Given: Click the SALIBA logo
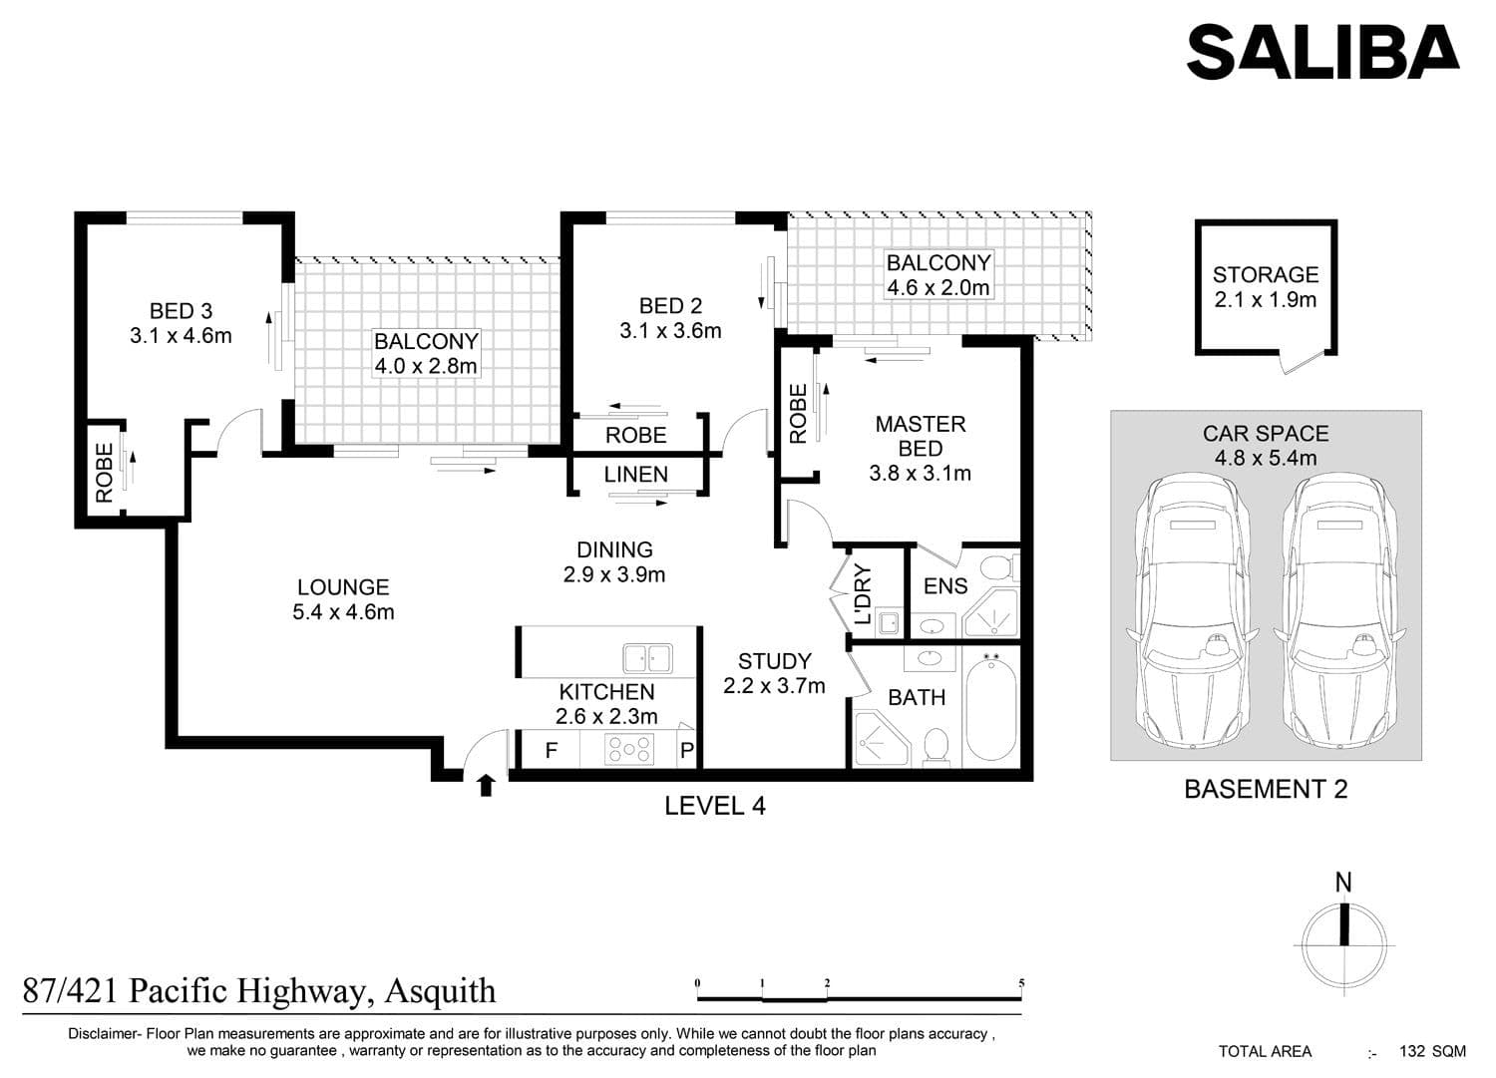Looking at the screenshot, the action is (1321, 52).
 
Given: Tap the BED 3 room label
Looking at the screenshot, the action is (181, 311).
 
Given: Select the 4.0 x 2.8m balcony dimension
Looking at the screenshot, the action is (426, 366).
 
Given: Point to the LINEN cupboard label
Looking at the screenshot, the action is (636, 475).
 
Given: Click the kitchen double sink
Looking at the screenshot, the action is (647, 658).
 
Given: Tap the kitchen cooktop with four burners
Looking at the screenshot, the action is (628, 749).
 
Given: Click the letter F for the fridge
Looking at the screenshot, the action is (551, 751).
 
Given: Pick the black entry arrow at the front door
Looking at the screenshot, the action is (486, 786).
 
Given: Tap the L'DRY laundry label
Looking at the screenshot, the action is (863, 594).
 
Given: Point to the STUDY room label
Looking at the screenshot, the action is (775, 661).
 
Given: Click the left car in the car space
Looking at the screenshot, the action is (1193, 610).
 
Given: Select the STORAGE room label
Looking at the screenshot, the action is (1266, 275).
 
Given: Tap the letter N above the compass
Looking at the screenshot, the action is (1343, 883).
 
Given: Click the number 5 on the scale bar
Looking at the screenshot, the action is (1021, 982).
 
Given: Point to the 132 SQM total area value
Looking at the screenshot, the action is (1432, 1051).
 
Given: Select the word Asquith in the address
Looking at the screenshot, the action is (440, 991).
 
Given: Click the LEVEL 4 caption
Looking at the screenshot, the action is (715, 806).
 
